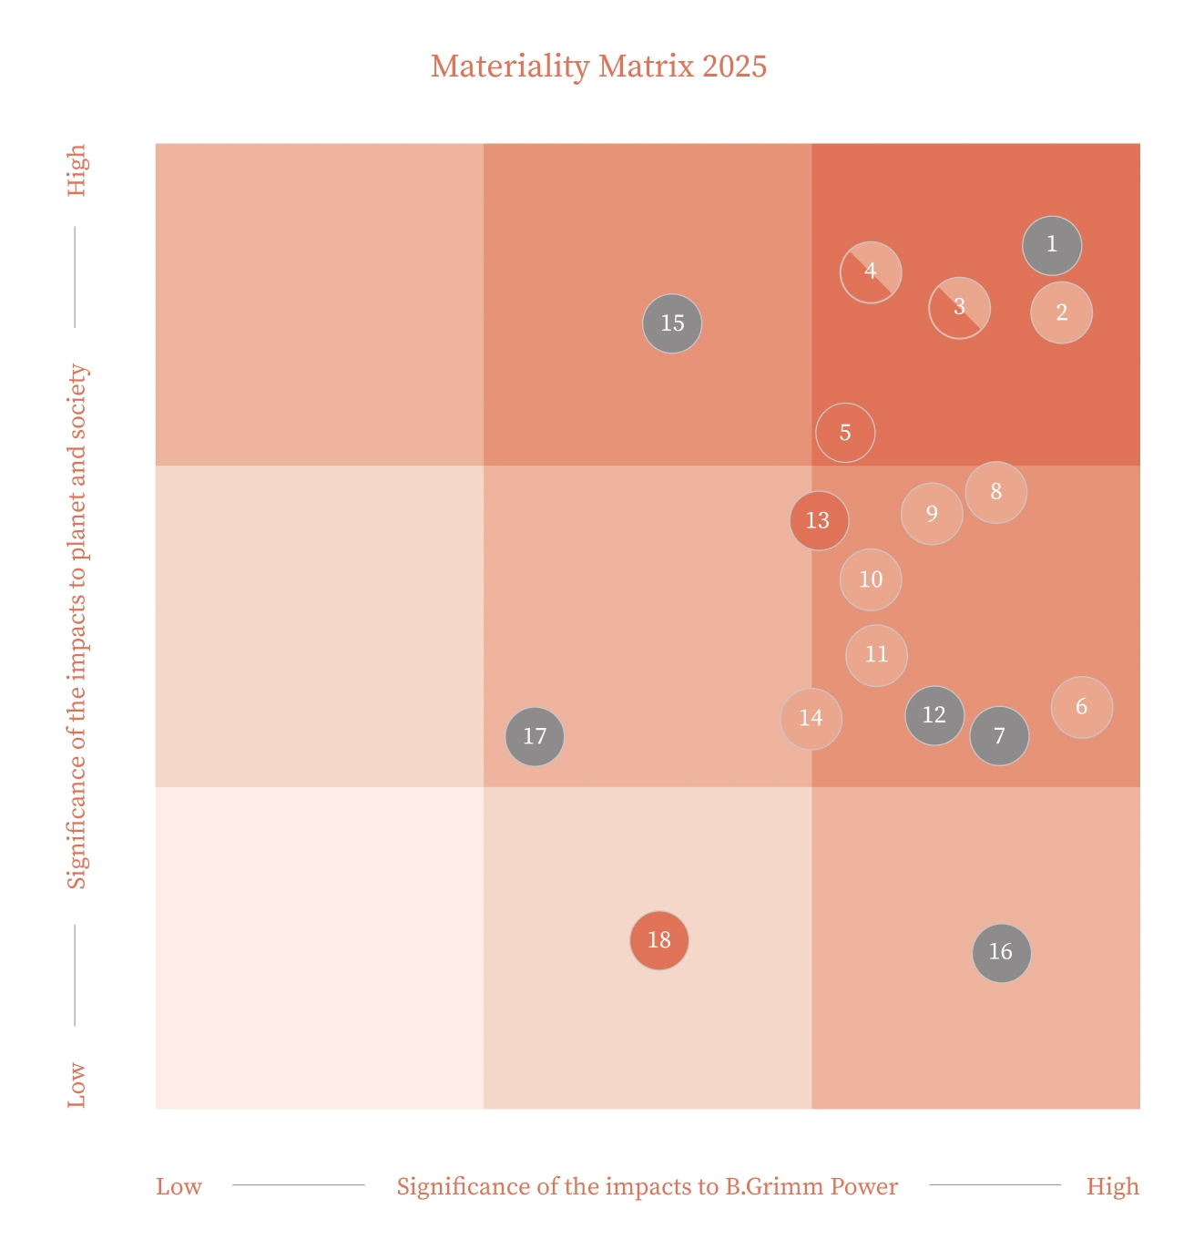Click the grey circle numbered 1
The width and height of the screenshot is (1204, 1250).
point(1052,245)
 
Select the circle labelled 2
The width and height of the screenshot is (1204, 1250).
point(1061,312)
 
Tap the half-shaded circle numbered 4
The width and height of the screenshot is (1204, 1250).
point(871,272)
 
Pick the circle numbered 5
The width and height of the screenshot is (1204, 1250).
point(845,433)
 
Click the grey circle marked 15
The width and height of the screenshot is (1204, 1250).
point(672,323)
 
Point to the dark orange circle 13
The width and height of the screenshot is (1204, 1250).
point(819,520)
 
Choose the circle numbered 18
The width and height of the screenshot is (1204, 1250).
point(659,940)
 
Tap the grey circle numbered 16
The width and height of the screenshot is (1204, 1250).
point(1001,952)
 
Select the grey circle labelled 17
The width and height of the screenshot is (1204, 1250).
point(535,736)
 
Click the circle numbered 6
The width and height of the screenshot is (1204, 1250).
point(1082,707)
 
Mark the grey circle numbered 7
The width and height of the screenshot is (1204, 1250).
point(999,736)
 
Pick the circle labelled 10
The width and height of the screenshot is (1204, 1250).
point(871,579)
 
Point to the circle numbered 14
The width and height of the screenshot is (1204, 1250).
point(811,719)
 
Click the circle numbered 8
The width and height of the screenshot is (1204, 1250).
point(996,492)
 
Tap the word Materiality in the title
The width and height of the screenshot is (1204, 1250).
point(510,67)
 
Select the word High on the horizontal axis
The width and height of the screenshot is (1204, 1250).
point(1112,1186)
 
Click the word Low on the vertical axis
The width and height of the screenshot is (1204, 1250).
point(77,1084)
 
